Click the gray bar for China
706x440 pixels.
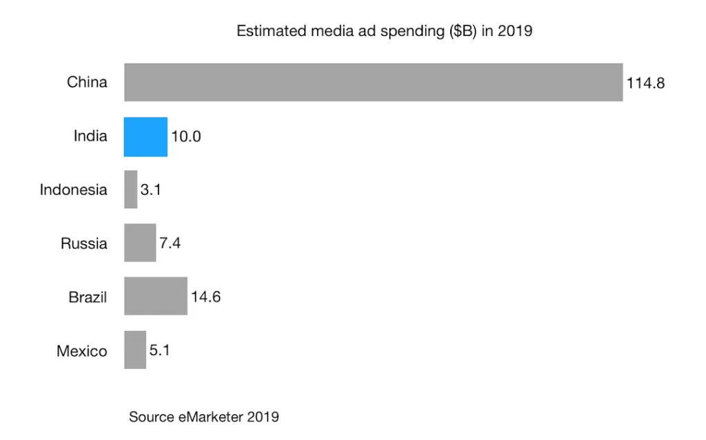(373, 83)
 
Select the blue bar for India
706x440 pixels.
(145, 137)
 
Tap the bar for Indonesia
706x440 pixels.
(130, 190)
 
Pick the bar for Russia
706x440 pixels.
(140, 243)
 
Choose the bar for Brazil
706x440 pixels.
(156, 297)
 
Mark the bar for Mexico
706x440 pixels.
(135, 350)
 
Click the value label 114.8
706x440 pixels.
(645, 83)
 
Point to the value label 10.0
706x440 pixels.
(186, 137)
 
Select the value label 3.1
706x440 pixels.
(150, 190)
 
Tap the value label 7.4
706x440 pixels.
(170, 243)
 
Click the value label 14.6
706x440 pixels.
(205, 297)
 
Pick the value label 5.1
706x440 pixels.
(159, 350)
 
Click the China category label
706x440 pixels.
(87, 83)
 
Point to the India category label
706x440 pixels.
(90, 137)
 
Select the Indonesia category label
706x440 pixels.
(73, 190)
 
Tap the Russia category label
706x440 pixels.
(83, 243)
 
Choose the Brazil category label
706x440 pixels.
(88, 297)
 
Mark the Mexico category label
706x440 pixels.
(81, 351)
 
